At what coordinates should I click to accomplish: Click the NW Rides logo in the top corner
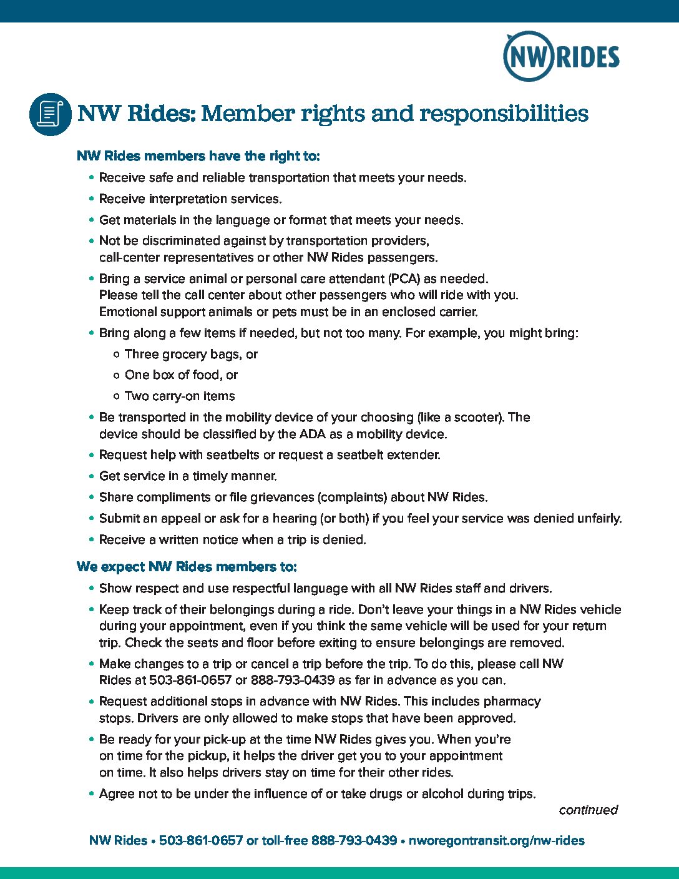pyautogui.click(x=560, y=56)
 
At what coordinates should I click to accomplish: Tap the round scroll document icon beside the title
pyautogui.click(x=51, y=114)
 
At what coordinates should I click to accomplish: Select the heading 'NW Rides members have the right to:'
pyautogui.click(x=198, y=156)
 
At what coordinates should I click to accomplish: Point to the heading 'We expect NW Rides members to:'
pyautogui.click(x=187, y=567)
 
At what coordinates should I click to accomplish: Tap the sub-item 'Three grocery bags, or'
pyautogui.click(x=191, y=355)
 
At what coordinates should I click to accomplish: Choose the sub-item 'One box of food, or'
pyautogui.click(x=181, y=375)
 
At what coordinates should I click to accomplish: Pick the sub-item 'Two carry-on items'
pyautogui.click(x=180, y=396)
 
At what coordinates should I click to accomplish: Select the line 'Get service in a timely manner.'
pyautogui.click(x=188, y=476)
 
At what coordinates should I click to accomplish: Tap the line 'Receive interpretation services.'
pyautogui.click(x=190, y=199)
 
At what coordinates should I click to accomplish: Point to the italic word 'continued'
pyautogui.click(x=588, y=810)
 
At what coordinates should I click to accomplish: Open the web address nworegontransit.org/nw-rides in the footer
pyautogui.click(x=496, y=840)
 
